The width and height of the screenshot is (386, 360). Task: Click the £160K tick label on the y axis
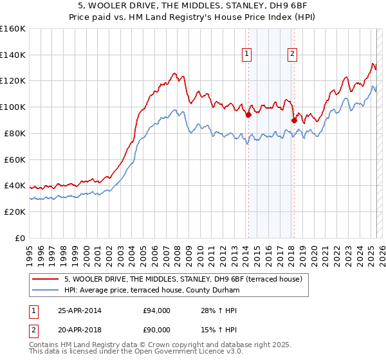tap(13, 29)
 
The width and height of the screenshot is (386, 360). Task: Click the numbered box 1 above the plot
tap(247, 55)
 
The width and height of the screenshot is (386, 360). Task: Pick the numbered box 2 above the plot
tap(293, 55)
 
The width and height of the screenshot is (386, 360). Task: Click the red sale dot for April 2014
tap(248, 115)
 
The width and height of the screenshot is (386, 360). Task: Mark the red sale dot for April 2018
tap(294, 120)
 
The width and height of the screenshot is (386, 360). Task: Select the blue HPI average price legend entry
tap(151, 291)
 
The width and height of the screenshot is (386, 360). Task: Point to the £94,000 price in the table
tap(157, 310)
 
